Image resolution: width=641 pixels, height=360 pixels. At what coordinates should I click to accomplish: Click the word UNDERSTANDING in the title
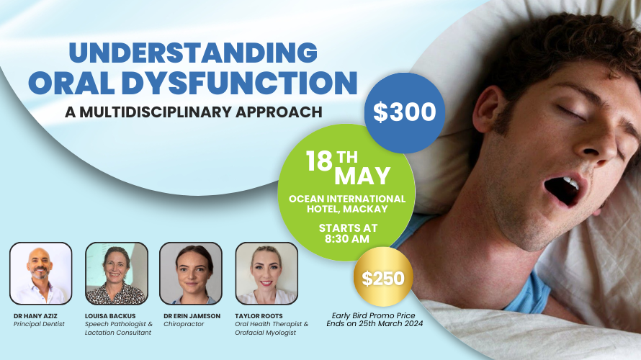coord(193,54)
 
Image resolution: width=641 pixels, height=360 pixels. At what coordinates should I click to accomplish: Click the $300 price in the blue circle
coord(405,112)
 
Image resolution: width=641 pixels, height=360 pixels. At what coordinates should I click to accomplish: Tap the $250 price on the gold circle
coord(383,278)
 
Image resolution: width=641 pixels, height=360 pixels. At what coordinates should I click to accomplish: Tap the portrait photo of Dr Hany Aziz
coord(40,273)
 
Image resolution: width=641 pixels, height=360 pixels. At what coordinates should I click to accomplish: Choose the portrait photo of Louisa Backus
coord(117,273)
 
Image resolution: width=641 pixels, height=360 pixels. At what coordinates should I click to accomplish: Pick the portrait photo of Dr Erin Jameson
coord(190,273)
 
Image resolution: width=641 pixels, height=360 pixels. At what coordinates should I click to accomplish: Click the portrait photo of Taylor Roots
coord(266,273)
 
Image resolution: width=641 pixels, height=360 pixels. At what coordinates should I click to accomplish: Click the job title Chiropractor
coord(184,324)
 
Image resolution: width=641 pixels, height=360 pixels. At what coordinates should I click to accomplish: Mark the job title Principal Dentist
coord(39,324)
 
